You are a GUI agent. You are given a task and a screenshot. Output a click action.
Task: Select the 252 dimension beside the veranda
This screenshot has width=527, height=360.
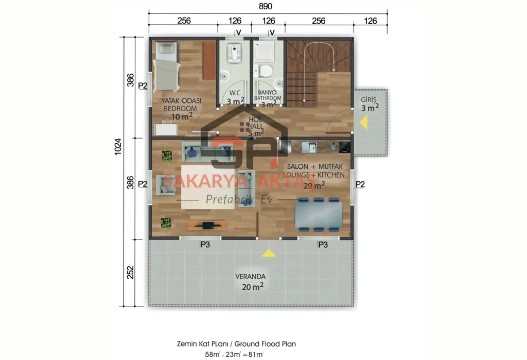coord(130,271)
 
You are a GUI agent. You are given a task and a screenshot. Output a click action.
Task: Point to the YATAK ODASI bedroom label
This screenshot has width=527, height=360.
coord(181,105)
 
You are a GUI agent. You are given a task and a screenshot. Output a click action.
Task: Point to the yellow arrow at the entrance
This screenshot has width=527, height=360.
coord(363,123)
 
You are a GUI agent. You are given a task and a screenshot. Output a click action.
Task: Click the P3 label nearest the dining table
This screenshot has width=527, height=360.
coord(323,245)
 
